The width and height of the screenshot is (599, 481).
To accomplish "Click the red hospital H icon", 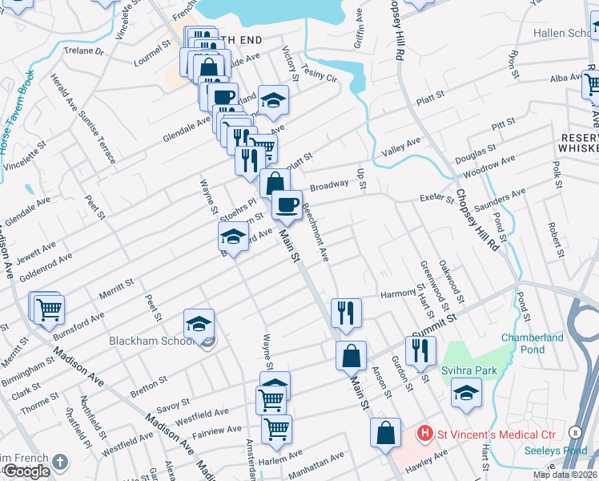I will click(x=426, y=434).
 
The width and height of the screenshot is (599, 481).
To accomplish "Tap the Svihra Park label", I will click(x=469, y=370).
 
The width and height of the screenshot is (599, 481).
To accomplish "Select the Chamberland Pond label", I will click(x=533, y=344).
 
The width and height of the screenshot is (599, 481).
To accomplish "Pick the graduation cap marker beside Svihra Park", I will click(x=466, y=393).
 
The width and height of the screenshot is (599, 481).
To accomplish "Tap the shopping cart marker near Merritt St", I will click(x=49, y=307).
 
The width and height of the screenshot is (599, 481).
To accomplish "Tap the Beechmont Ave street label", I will click(x=316, y=232).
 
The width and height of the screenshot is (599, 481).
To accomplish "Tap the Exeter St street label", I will click(x=436, y=198).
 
